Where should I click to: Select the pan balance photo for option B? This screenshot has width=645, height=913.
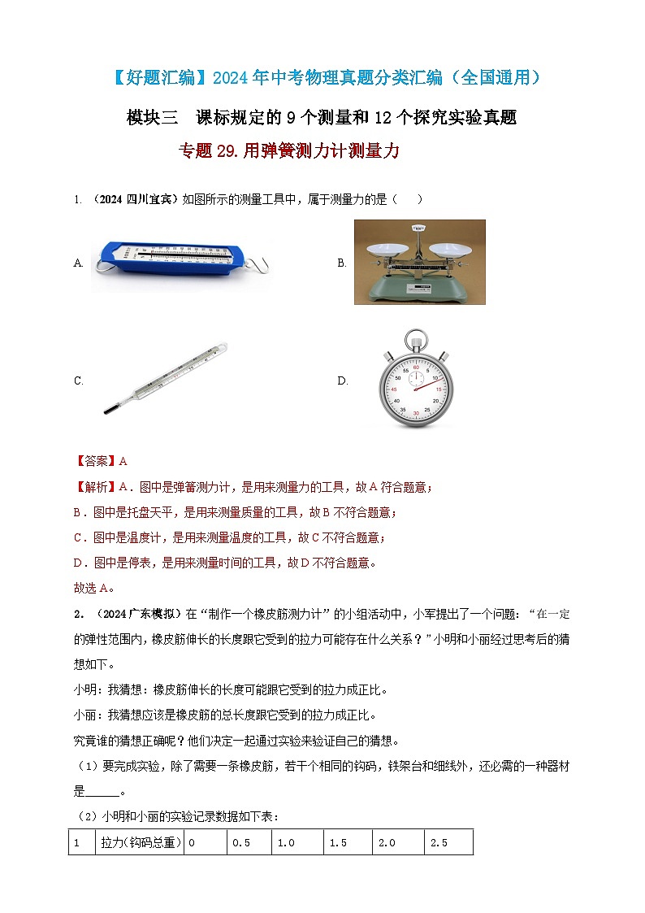[419, 262]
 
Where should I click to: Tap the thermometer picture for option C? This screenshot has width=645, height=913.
[166, 379]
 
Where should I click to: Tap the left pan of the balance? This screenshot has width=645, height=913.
[385, 251]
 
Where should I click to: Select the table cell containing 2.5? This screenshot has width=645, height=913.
[448, 843]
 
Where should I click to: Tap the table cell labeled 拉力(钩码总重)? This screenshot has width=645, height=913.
[140, 843]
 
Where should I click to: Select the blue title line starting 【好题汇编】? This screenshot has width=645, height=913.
[322, 78]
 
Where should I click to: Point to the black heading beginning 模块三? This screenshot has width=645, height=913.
[322, 117]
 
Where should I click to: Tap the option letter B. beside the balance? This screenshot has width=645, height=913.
[342, 263]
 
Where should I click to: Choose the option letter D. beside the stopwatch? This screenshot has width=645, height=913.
[343, 380]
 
